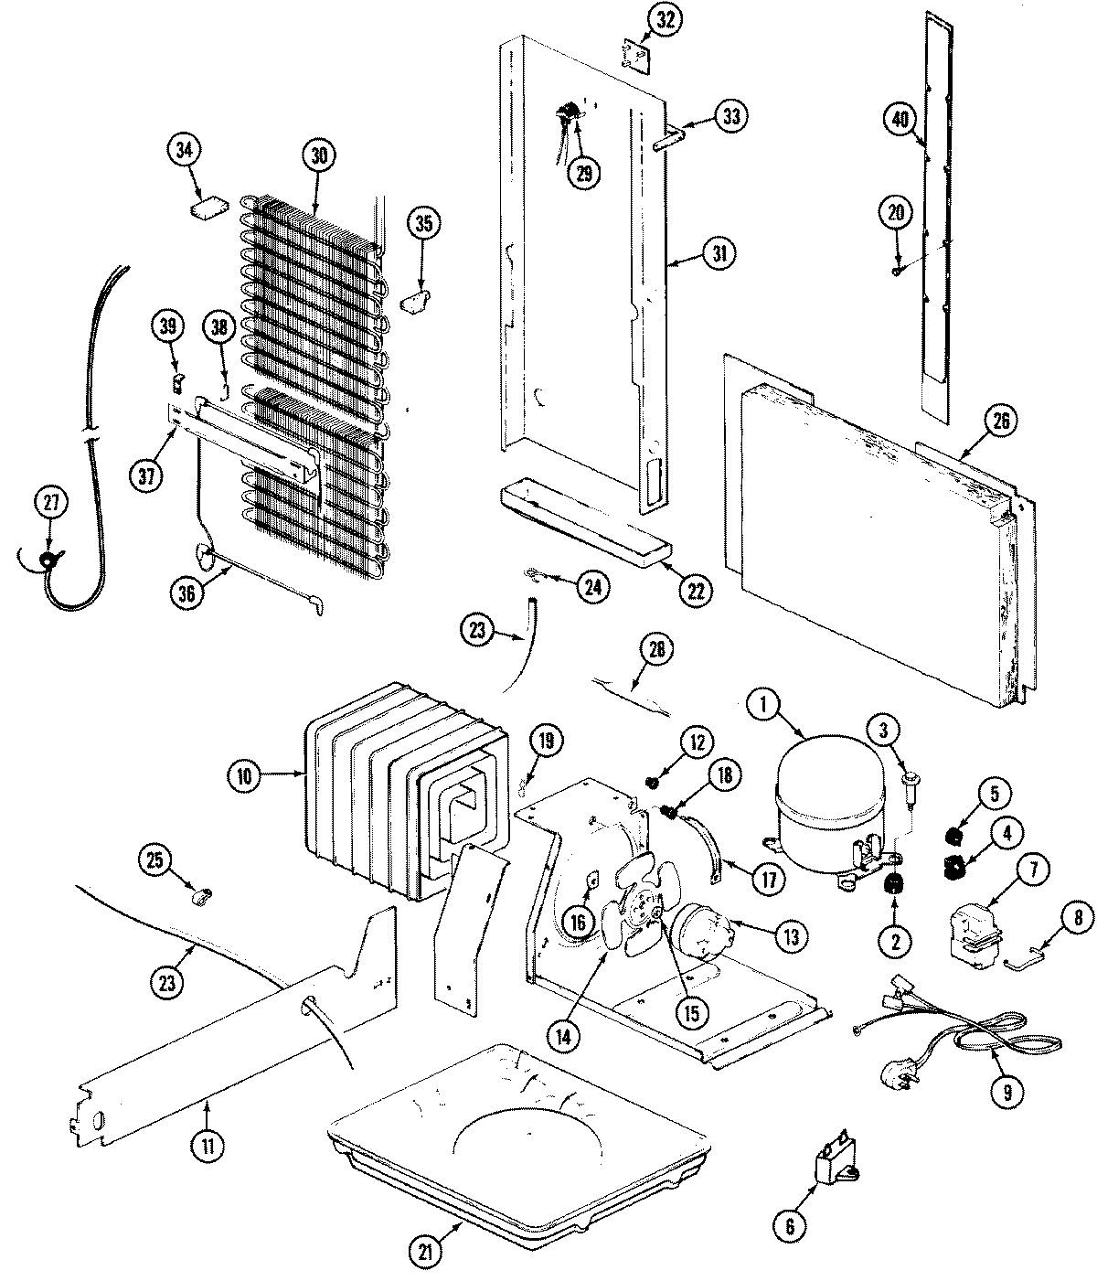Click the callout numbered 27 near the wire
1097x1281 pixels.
[51, 502]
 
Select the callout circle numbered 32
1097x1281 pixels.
[665, 20]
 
